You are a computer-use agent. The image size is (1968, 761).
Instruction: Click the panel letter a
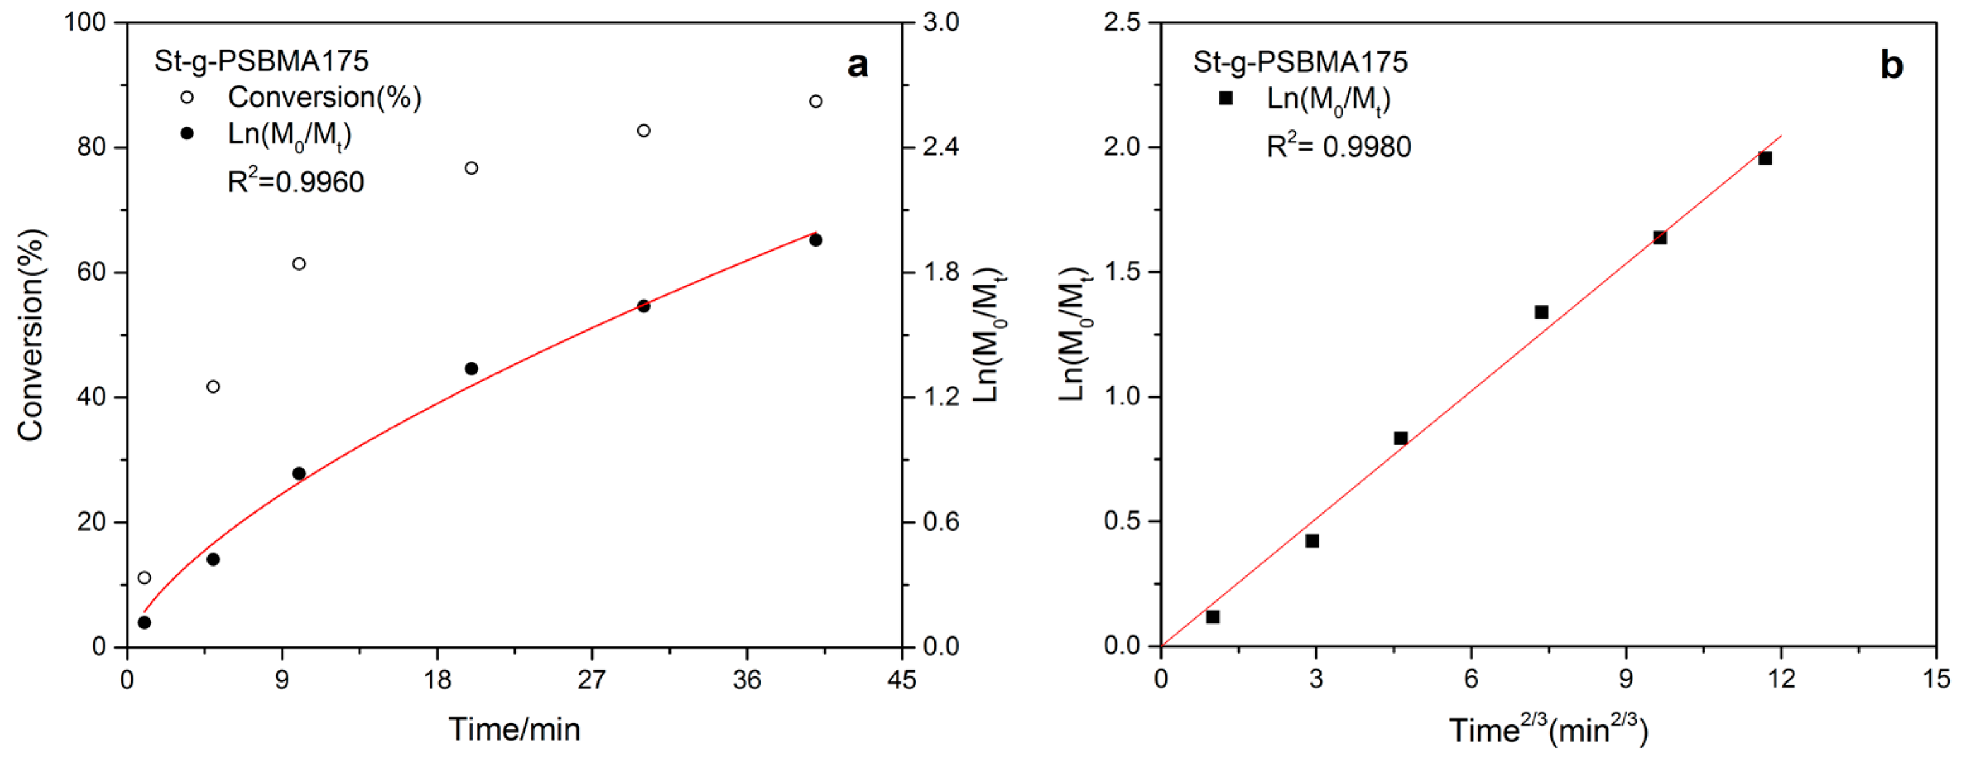click(857, 65)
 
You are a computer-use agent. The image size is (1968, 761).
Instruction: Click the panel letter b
click(1892, 66)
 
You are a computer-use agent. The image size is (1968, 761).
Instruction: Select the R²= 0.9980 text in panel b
click(1339, 145)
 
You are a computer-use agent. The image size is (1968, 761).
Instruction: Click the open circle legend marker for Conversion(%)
click(186, 97)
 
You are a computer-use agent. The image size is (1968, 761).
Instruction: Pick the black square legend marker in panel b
click(1225, 98)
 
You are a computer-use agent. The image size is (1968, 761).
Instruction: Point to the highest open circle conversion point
click(815, 101)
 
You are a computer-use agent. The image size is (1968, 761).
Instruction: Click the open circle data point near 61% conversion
click(299, 264)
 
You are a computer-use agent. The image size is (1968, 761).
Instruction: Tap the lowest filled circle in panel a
click(145, 622)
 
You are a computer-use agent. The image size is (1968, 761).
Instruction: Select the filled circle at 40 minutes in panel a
click(815, 240)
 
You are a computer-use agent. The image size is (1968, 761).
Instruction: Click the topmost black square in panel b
click(1765, 158)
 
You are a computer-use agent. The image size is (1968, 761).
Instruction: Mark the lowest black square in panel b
click(1212, 616)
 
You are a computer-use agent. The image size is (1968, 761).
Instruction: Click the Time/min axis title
click(514, 729)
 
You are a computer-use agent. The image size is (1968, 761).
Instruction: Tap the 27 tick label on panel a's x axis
click(591, 679)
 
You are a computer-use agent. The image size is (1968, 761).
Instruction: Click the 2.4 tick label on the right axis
click(941, 146)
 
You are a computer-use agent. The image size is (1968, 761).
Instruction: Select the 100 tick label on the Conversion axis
click(84, 22)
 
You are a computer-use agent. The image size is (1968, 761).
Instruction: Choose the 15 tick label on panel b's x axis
click(1935, 679)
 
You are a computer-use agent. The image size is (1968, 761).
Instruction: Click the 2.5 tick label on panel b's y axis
click(1123, 22)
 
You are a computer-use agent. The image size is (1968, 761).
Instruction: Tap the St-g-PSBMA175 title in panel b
click(1300, 62)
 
